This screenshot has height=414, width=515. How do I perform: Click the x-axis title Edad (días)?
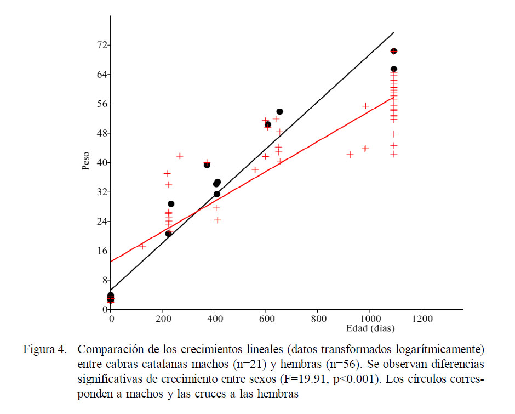(x=370, y=328)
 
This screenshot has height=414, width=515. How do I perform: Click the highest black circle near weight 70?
(x=393, y=51)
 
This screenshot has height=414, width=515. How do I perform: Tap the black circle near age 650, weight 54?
(x=279, y=112)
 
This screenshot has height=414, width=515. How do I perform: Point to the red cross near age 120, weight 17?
(x=142, y=247)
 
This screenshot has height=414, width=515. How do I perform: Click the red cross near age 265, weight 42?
(x=180, y=156)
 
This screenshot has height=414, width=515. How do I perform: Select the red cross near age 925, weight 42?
(x=350, y=155)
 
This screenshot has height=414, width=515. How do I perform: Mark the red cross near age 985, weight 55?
(x=366, y=106)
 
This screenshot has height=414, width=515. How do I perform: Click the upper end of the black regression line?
(x=393, y=33)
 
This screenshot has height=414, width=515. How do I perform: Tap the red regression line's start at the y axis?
(x=111, y=261)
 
